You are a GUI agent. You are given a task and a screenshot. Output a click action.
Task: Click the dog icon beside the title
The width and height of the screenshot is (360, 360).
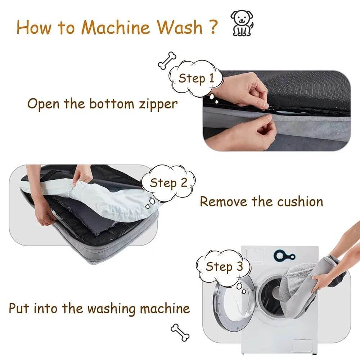[x=242, y=23]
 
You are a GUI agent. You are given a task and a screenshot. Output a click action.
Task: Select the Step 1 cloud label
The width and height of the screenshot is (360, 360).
[x=196, y=78]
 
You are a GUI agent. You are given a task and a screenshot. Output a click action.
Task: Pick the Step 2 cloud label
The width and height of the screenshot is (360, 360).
[x=168, y=183]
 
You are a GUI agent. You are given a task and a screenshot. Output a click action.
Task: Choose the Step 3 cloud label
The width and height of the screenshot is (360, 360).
[x=224, y=266]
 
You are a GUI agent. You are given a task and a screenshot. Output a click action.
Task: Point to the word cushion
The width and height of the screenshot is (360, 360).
[x=300, y=201]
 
